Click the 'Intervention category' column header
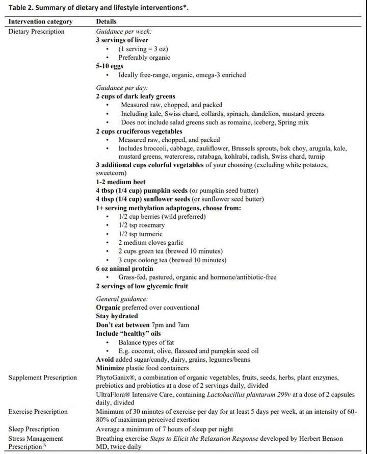tap(40, 22)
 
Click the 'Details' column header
tap(106, 22)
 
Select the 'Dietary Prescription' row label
tap(37, 31)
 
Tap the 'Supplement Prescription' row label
tap(43, 377)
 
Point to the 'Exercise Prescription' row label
tap(38, 412)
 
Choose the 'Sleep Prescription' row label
tap(34, 429)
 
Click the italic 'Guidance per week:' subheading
tap(123, 31)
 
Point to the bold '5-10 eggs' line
tap(110, 66)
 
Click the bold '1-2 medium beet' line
tap(120, 182)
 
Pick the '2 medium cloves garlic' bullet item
tap(151, 243)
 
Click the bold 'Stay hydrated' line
tap(117, 316)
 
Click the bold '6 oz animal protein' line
tap(124, 269)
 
